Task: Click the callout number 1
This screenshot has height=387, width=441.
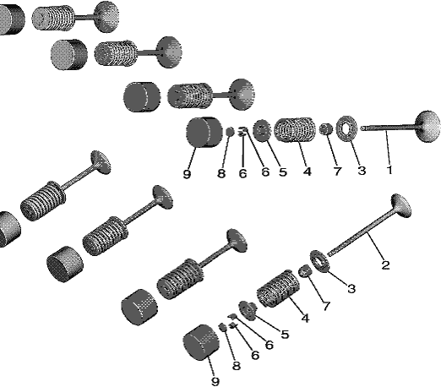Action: (389, 170)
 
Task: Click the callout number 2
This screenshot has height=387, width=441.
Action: (385, 265)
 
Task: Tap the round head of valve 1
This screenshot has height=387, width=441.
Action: (427, 127)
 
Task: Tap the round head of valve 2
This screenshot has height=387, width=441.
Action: (400, 205)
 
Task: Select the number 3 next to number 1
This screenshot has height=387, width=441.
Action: (362, 171)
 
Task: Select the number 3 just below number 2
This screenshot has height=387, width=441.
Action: (351, 288)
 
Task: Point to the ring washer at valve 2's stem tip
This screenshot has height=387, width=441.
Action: (319, 261)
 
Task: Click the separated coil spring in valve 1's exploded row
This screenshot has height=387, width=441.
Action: (294, 130)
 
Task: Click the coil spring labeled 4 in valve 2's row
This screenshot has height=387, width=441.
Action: (278, 289)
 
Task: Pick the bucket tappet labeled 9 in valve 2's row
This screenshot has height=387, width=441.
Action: (201, 342)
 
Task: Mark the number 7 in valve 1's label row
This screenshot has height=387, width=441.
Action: (337, 171)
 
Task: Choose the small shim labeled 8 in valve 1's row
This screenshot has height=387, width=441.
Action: (230, 132)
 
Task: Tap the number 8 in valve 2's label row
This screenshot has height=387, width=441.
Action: (237, 366)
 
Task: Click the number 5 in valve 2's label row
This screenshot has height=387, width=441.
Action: (285, 335)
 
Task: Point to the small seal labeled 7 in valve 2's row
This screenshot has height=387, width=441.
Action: (304, 271)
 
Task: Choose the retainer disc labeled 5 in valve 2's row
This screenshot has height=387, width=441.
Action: (248, 310)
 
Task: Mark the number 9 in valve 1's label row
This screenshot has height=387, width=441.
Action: (187, 174)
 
